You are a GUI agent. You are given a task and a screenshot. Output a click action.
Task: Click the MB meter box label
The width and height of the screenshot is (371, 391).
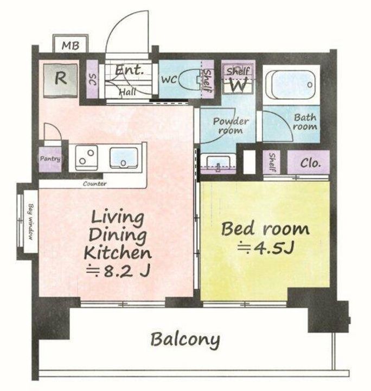[x=71, y=46]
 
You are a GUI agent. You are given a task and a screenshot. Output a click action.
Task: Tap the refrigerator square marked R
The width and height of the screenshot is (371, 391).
[x=61, y=80]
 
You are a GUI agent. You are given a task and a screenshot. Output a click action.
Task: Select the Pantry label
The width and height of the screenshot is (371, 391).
[x=50, y=159]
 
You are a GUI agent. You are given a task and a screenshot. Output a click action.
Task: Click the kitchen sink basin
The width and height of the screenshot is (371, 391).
[x=124, y=157]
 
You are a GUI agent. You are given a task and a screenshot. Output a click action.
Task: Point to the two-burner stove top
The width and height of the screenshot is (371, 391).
[x=86, y=157]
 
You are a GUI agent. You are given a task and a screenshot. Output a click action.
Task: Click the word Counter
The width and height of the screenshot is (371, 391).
[x=94, y=184]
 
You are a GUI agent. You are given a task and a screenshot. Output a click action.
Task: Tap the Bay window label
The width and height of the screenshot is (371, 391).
[x=30, y=222]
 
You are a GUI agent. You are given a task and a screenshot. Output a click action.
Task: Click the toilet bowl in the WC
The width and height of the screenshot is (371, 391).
[x=190, y=80]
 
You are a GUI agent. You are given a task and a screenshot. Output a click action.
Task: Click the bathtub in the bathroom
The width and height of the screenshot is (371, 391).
[x=291, y=85]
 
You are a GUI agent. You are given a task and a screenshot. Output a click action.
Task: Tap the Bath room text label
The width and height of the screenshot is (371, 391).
[x=305, y=122]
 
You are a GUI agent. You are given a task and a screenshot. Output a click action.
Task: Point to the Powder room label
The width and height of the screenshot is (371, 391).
[x=231, y=125]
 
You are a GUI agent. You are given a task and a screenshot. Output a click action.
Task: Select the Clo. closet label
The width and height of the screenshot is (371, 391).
[x=310, y=163]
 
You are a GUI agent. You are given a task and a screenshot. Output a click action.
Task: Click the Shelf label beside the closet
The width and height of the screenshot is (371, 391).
[x=272, y=162]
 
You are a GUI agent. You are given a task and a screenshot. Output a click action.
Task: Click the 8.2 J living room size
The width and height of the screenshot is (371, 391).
[x=118, y=271]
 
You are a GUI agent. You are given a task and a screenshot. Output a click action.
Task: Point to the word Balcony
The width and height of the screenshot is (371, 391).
[x=185, y=340]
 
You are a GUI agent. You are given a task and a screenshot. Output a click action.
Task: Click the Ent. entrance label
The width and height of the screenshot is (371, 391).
[x=130, y=70]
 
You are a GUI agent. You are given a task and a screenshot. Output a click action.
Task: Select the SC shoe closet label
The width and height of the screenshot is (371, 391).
[x=92, y=79]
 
